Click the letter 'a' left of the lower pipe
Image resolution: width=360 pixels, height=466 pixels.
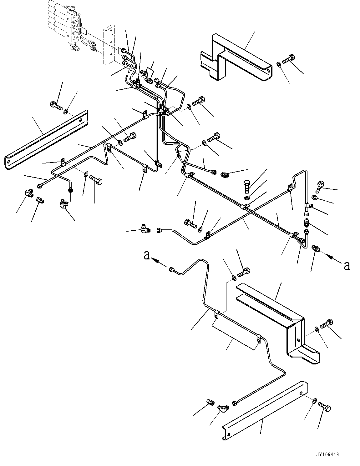coord(146,256)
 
